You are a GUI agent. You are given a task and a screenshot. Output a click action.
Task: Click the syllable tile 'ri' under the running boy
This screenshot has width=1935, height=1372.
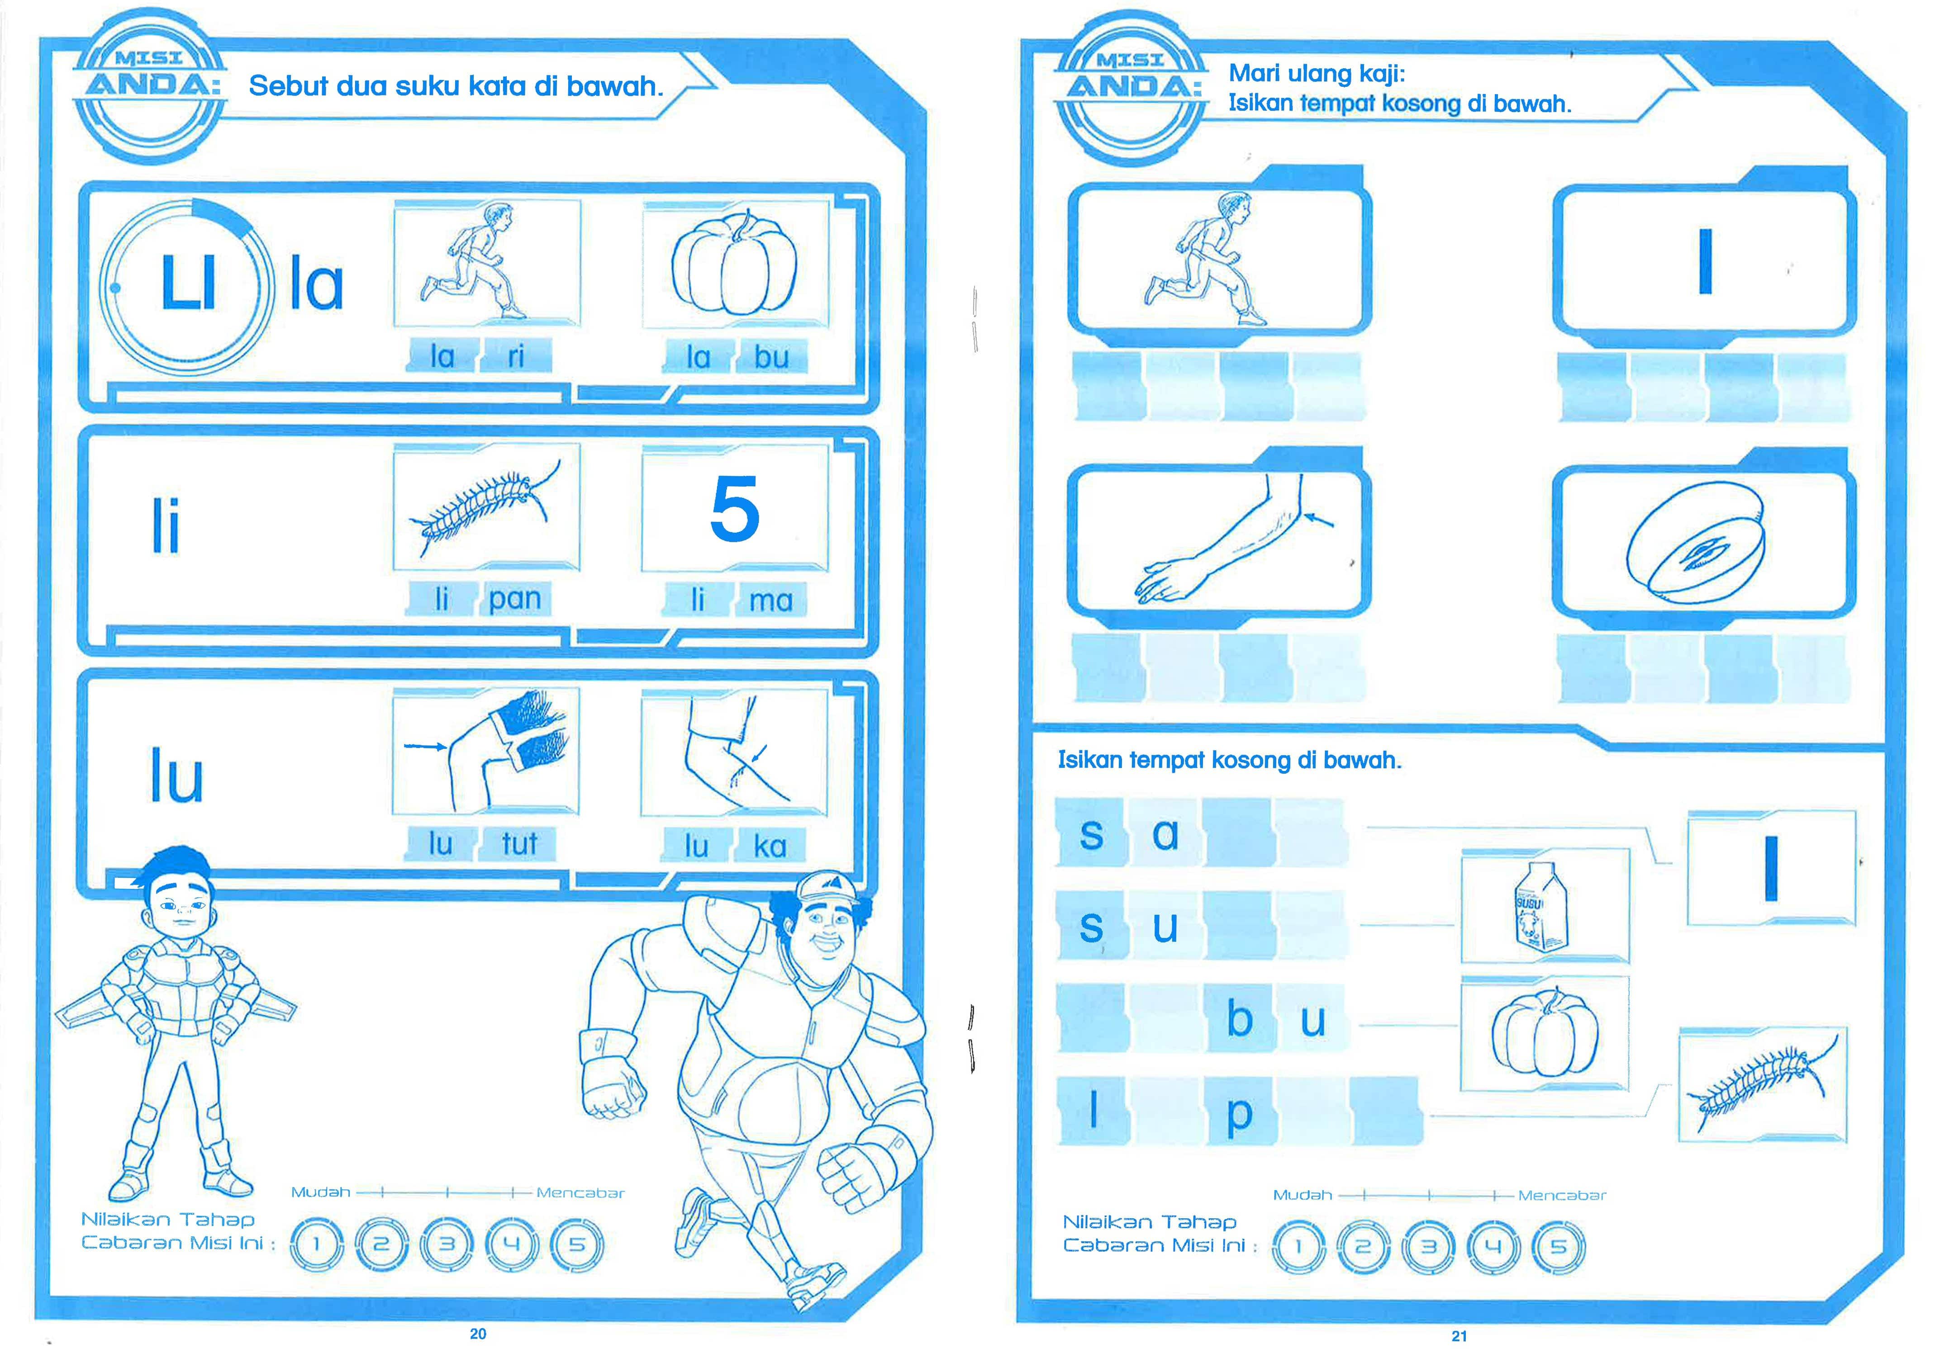click(x=515, y=356)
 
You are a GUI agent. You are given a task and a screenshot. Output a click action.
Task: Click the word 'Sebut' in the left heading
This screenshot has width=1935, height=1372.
click(x=287, y=86)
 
